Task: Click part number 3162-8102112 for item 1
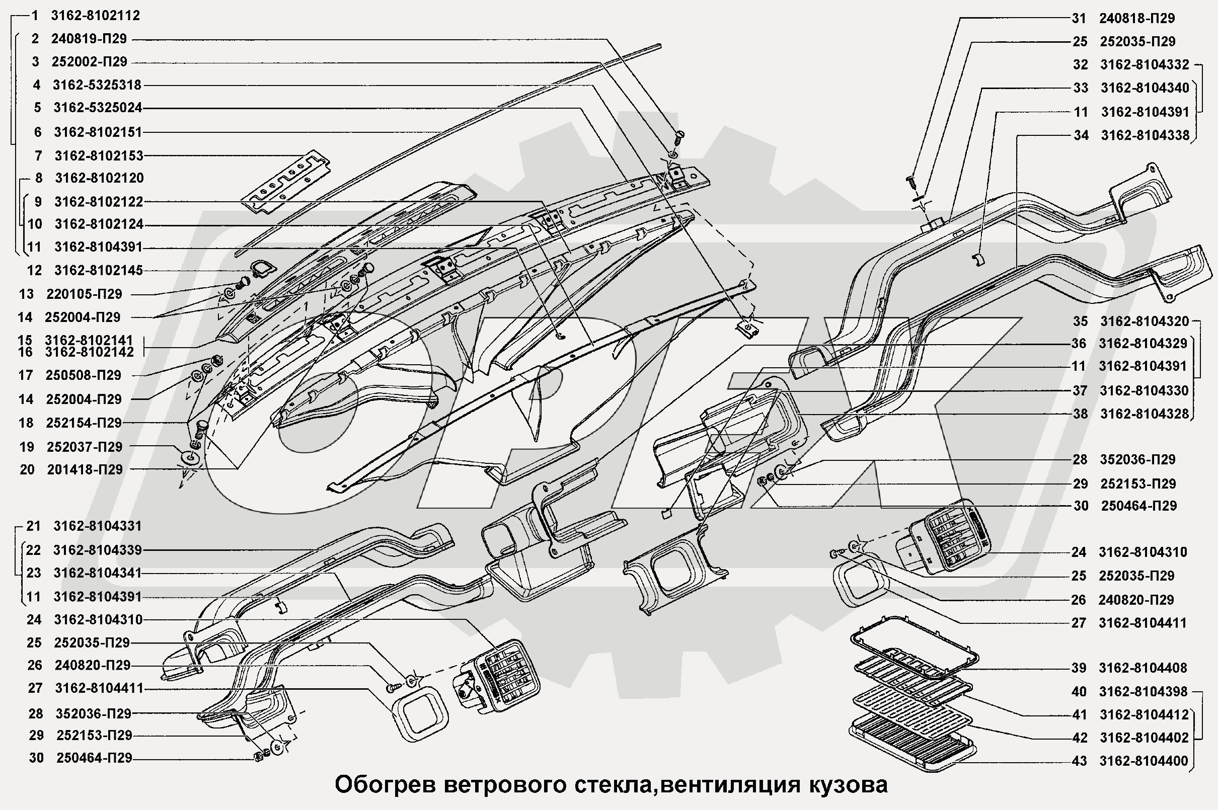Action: coord(96,16)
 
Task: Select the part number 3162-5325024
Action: coord(98,108)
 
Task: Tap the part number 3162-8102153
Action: coord(99,155)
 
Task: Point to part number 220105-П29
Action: coord(84,294)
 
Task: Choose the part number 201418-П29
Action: coord(85,469)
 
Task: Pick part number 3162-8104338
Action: coord(1146,135)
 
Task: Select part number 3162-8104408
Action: coord(1143,668)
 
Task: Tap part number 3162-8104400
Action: coord(1144,761)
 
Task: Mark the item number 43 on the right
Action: coord(1080,761)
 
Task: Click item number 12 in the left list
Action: coord(34,270)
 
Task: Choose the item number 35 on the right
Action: coord(1080,321)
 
